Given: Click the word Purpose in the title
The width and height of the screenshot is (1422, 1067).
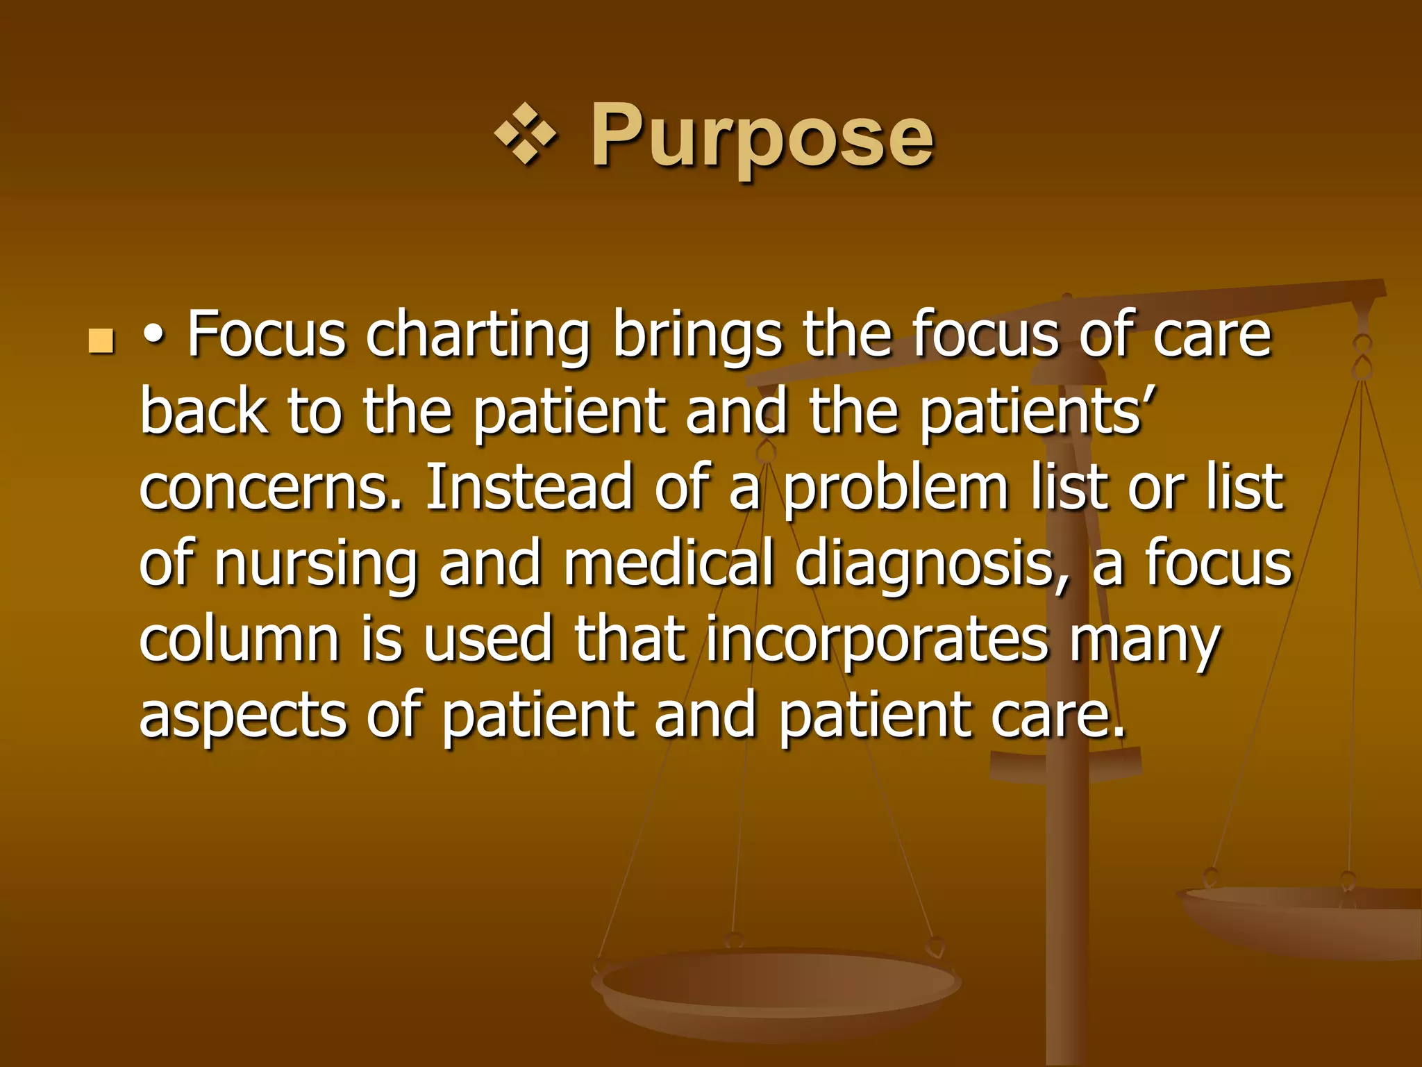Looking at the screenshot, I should point(762,136).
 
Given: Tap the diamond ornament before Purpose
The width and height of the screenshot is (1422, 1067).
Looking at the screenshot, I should point(526,134).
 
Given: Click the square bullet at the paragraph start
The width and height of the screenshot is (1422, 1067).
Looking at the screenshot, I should point(101,341).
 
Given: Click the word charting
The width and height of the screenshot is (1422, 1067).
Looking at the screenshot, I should point(478,336).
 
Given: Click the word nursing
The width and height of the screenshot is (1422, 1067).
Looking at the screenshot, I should point(315,564).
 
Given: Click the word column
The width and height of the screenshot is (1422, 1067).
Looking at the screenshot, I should point(239,639).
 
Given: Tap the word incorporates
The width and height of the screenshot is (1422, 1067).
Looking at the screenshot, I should point(876,640).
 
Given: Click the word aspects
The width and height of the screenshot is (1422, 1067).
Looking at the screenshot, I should point(243,717).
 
